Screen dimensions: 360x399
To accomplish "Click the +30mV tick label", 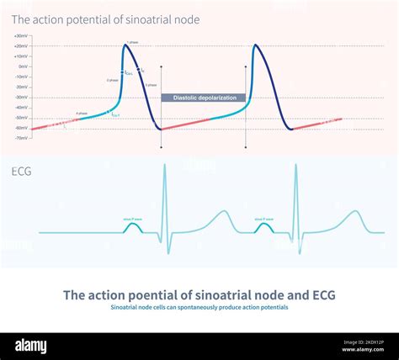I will click(x=20, y=36).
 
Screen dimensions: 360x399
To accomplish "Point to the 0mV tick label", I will click(x=23, y=66).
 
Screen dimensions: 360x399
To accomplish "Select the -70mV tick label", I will click(x=21, y=137).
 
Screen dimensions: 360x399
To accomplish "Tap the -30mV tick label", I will click(x=21, y=97).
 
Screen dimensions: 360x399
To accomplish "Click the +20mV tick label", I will click(x=20, y=46).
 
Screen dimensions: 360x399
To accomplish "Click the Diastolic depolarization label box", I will click(x=204, y=98).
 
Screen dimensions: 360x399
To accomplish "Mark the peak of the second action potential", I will click(x=254, y=45).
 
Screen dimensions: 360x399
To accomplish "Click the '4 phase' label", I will click(x=81, y=112).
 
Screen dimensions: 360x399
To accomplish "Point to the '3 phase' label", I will click(x=150, y=85).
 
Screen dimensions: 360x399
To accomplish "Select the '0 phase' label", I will click(x=112, y=80).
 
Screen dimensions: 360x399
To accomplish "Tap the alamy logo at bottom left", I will click(x=31, y=346).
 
